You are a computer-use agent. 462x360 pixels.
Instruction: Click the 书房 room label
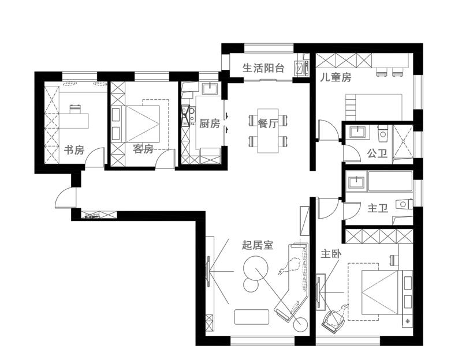pyautogui.click(x=74, y=150)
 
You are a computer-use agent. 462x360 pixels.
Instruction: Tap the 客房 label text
pyautogui.click(x=143, y=149)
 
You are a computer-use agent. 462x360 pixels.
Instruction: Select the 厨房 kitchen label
pyautogui.click(x=210, y=123)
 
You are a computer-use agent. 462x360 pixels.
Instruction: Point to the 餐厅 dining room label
pyautogui.click(x=268, y=123)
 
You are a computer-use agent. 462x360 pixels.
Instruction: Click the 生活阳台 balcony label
pyautogui.click(x=264, y=67)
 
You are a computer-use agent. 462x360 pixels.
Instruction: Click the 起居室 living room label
pyautogui.click(x=258, y=245)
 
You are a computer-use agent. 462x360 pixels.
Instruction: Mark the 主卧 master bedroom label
pyautogui.click(x=331, y=253)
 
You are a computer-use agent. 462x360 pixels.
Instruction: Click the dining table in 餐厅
pyautogui.click(x=269, y=131)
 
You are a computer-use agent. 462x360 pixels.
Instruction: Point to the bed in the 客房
pyautogui.click(x=142, y=123)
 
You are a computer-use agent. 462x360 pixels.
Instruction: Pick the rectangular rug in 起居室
pyautogui.click(x=252, y=317)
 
